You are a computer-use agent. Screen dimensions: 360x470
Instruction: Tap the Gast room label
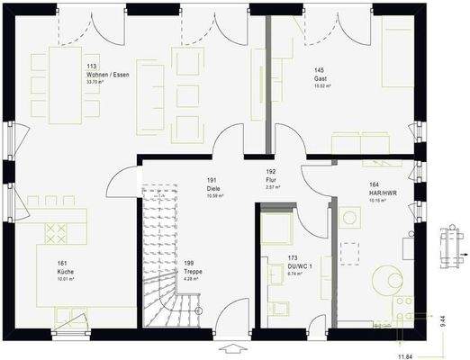pos(320,77)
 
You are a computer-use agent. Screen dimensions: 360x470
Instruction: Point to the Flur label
pos(270,179)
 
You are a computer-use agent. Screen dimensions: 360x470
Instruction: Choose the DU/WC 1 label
pos(300,266)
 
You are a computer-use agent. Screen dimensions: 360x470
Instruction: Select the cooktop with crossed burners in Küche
pos(57,233)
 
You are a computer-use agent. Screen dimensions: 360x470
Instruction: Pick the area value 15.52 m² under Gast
pos(322,86)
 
